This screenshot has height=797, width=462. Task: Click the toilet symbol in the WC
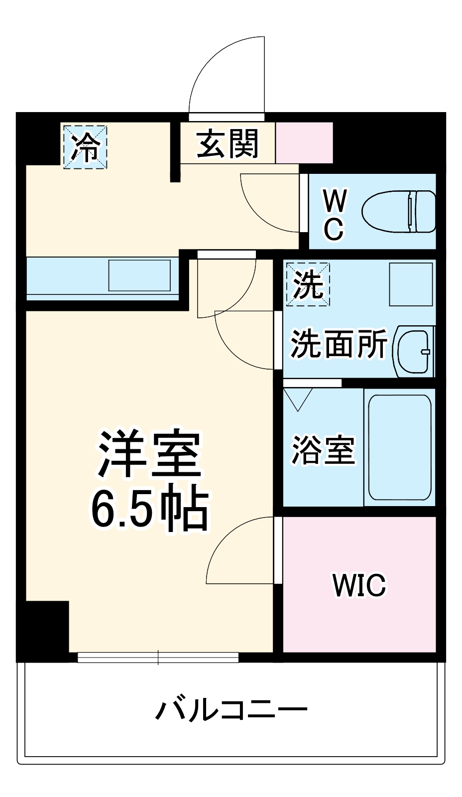click(x=398, y=211)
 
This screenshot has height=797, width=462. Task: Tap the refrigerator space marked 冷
click(x=85, y=146)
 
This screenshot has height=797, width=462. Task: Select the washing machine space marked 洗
click(x=308, y=284)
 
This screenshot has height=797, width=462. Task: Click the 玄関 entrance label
click(x=227, y=144)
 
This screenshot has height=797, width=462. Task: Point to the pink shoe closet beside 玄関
click(x=304, y=142)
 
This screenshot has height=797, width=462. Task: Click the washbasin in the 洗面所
click(x=414, y=351)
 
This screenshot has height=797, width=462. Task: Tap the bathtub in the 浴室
click(x=399, y=447)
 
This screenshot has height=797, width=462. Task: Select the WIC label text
click(x=359, y=585)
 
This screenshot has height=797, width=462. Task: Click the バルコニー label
click(x=231, y=709)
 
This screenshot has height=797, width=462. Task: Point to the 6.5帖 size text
click(x=149, y=509)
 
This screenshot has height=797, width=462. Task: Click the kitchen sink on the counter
click(x=139, y=275)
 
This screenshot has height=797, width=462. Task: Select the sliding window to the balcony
click(x=158, y=658)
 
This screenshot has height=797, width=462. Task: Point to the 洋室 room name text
click(x=149, y=453)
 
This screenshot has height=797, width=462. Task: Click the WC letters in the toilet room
click(x=334, y=215)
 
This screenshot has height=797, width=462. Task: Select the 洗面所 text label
click(x=339, y=344)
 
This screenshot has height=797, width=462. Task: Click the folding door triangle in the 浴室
click(x=298, y=398)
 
